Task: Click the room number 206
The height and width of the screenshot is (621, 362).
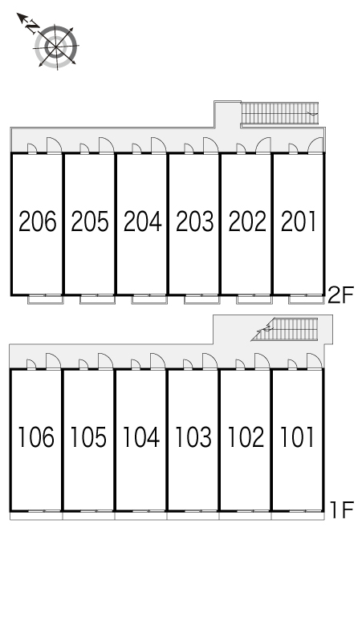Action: coord(38,221)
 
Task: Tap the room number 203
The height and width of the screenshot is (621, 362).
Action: coord(194,221)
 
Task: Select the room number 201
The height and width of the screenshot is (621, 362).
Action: coord(299,221)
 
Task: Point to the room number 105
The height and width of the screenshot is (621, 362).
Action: coord(88,436)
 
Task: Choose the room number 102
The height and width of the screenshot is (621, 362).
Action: coord(246,436)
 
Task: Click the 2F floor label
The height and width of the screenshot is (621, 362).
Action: coord(340,294)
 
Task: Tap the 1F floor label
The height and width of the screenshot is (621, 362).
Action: coord(340,509)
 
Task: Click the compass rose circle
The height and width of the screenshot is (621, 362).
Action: coord(57,47)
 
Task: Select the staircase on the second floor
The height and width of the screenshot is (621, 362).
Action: coord(279,113)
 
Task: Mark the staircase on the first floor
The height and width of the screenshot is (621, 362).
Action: coord(285,329)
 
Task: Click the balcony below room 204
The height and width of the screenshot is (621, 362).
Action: coord(148,300)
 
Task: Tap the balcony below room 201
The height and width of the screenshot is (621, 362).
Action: coord(306,300)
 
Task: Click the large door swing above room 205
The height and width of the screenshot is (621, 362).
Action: coord(106,145)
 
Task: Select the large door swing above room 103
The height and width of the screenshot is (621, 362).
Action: coord(209,361)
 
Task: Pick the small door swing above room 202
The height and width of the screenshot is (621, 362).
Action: coord(241,148)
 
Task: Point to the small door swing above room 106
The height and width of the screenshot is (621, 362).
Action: coord(31,364)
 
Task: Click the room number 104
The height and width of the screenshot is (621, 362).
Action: coord(141,436)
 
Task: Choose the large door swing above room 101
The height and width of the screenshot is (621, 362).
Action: coord(314,361)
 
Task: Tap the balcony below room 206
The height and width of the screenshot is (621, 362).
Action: coord(46,300)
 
